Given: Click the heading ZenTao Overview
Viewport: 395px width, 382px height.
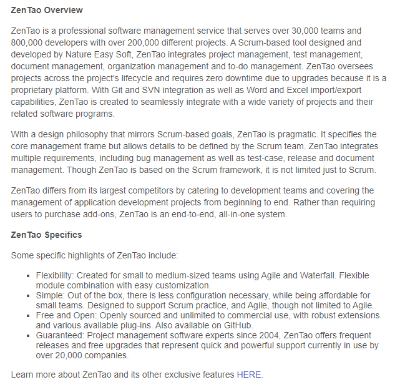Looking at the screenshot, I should [47, 11].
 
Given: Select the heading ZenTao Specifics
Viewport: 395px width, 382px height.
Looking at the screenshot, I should [47, 235].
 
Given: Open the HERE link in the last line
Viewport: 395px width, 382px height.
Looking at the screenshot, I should [249, 375].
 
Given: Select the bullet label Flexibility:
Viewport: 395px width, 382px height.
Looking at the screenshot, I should [55, 275].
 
